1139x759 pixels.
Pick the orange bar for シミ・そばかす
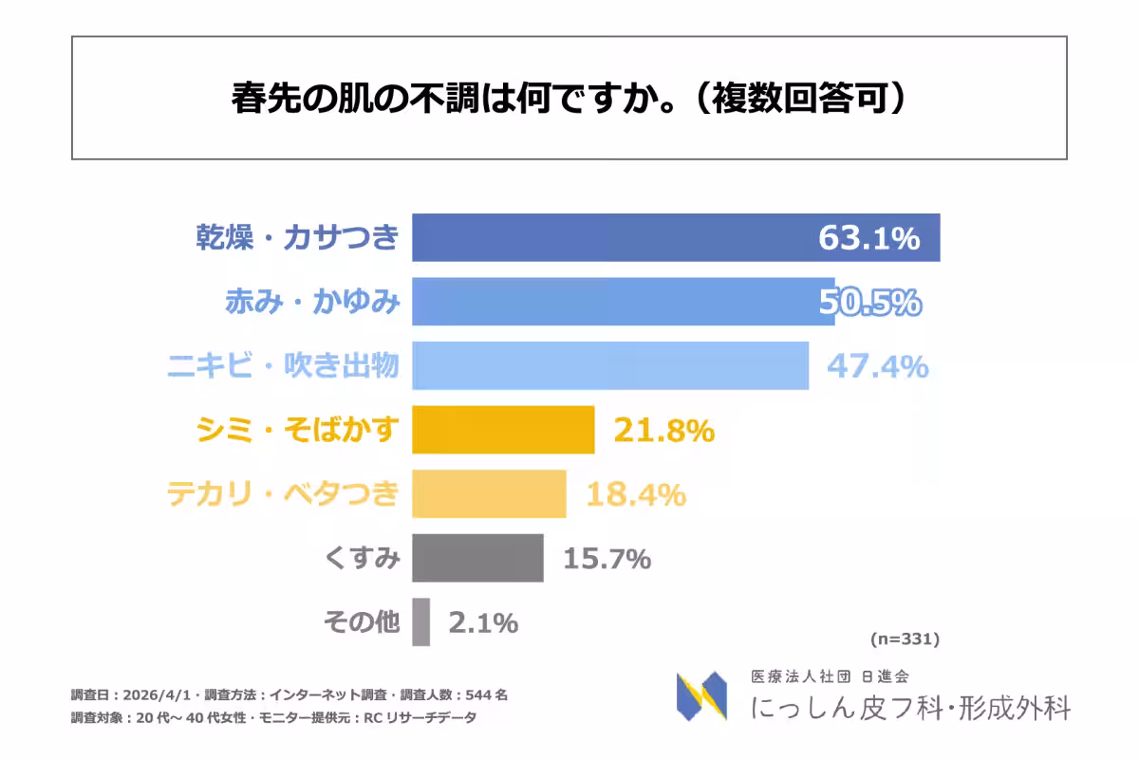pos(503,430)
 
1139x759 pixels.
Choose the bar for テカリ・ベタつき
pos(489,493)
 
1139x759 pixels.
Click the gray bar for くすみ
pos(477,558)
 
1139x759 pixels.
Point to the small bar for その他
pos(420,621)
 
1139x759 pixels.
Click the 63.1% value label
pos(868,238)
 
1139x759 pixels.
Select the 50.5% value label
pos(869,302)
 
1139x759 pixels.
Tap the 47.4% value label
pos(877,366)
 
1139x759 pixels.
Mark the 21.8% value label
pos(663,431)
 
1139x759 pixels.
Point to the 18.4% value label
pos(635,494)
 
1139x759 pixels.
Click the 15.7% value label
pos(607,559)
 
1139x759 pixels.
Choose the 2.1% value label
pos(483,622)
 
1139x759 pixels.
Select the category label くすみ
pos(363,559)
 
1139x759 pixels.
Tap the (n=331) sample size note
pos(904,639)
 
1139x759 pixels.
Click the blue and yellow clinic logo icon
pos(701,696)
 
